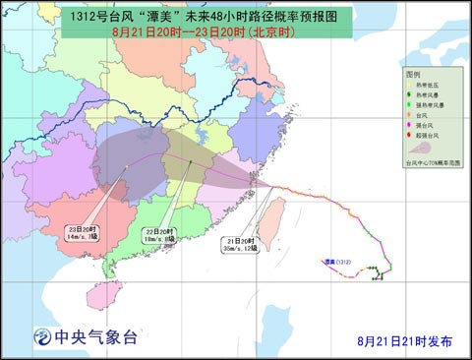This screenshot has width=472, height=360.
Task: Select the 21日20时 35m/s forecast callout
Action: pos(239,246)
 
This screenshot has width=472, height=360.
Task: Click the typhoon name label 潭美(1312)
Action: pos(336,263)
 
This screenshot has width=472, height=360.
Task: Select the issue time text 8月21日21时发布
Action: pos(405,340)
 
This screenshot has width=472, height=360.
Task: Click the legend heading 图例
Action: pos(412,75)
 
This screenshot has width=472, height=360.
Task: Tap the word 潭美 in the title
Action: pos(145,18)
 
